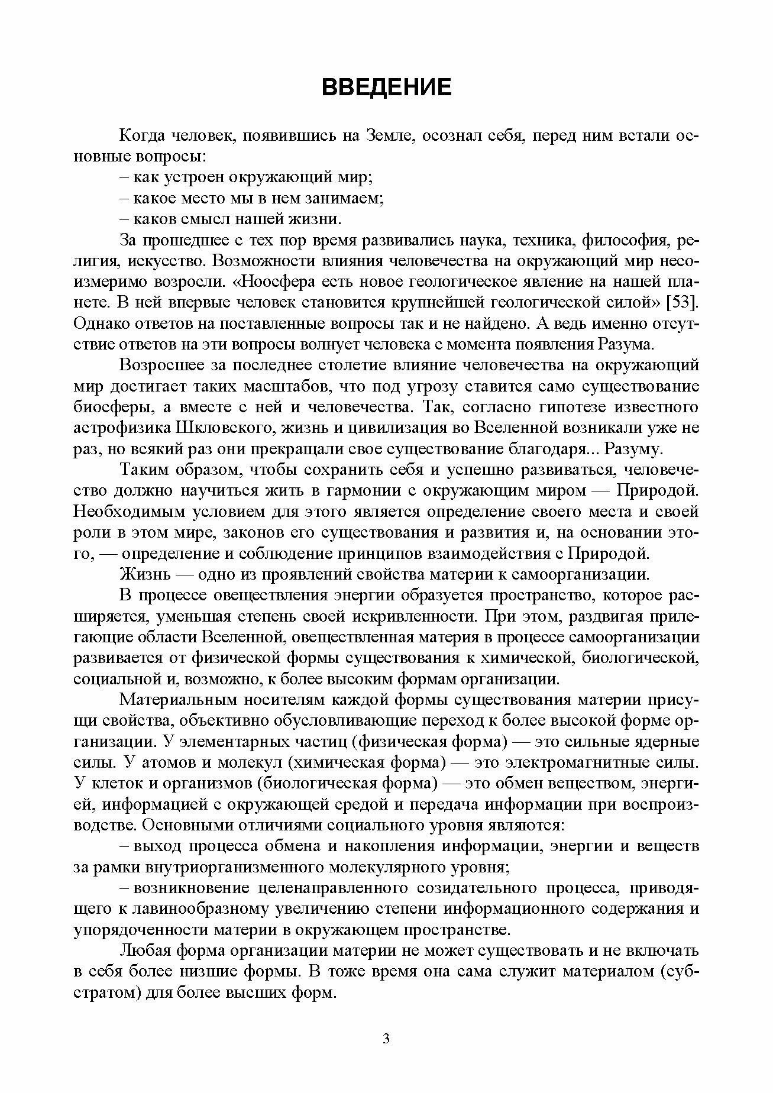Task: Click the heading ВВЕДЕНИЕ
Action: pyautogui.click(x=386, y=88)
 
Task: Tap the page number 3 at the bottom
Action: pyautogui.click(x=386, y=1039)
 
